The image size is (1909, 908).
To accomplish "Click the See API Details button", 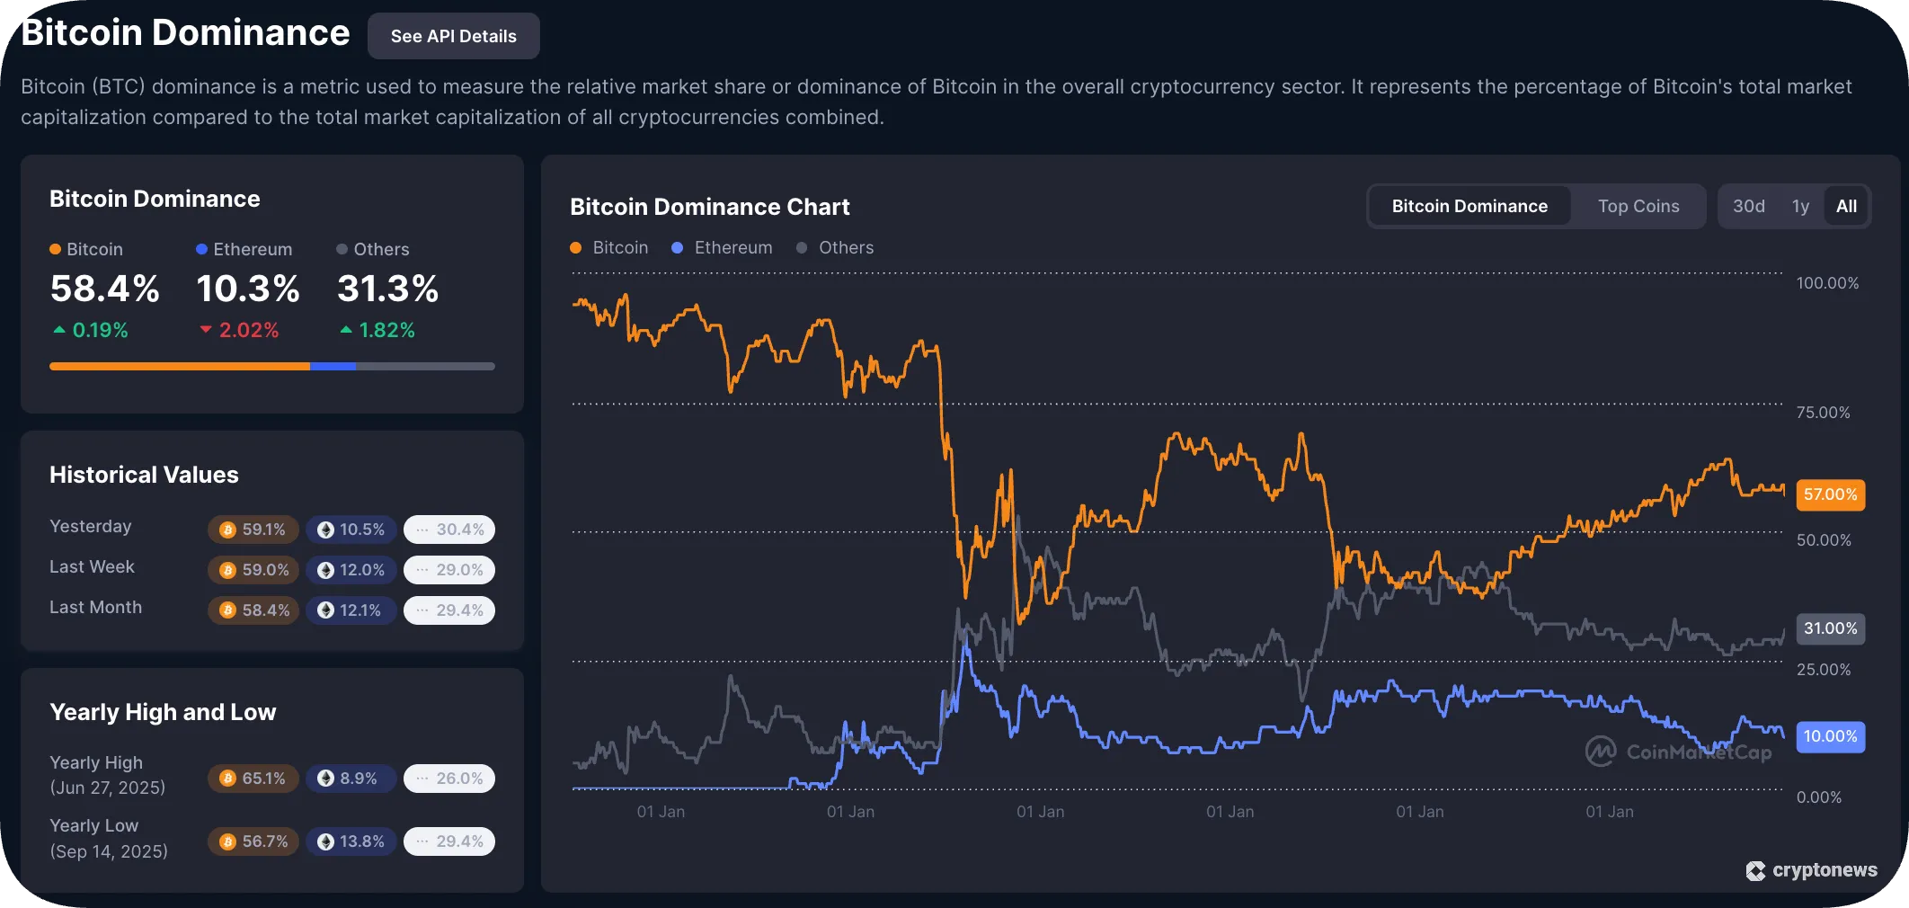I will [x=453, y=36].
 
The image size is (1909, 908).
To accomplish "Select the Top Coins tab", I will [x=1638, y=206].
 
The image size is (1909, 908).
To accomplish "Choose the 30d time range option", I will [x=1748, y=206].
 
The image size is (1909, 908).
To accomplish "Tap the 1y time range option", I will [x=1800, y=206].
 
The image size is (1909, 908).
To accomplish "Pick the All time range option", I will [x=1846, y=206].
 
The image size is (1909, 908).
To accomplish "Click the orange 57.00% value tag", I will [x=1830, y=494].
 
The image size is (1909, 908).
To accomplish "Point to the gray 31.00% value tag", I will [x=1830, y=628].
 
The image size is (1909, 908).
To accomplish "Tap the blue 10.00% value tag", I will [x=1830, y=736].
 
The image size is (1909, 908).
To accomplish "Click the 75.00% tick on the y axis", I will [x=1823, y=413].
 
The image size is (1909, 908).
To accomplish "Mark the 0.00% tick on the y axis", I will [x=1818, y=797].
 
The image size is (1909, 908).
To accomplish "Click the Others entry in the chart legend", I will [x=835, y=247].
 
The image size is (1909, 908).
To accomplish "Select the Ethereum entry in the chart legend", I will [x=723, y=247].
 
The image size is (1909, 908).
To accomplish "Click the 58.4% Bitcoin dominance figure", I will [x=104, y=289].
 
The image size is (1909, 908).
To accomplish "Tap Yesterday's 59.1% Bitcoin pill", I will [x=253, y=530].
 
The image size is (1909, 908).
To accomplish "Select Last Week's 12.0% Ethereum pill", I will [x=351, y=570].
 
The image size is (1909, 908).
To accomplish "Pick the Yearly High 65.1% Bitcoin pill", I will [x=253, y=779].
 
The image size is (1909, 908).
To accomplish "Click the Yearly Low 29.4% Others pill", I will [x=449, y=841].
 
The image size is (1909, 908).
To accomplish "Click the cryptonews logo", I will [x=1811, y=870].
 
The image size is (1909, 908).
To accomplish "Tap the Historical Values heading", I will [x=144, y=475].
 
